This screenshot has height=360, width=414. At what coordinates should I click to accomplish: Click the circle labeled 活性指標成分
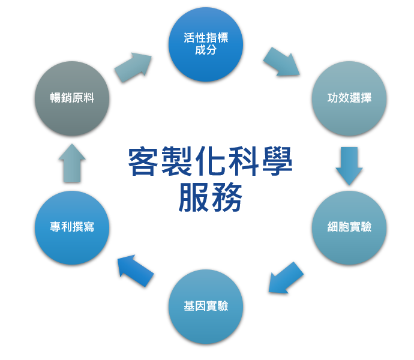pos(206,44)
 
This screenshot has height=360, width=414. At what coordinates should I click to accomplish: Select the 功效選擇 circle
pos(349,98)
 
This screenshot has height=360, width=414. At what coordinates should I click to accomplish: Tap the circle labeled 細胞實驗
pos(349,227)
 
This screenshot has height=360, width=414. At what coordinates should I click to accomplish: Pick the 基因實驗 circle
pos(206,306)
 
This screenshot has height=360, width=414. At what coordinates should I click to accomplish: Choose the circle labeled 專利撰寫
pos(72,227)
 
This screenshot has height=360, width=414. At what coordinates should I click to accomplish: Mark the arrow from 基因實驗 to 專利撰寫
pos(135,270)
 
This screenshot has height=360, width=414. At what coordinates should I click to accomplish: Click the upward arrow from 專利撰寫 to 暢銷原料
pos(72,163)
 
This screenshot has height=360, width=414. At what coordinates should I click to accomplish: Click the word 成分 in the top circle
pos(206,50)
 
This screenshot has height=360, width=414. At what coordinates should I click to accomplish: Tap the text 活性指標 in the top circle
pos(206,38)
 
